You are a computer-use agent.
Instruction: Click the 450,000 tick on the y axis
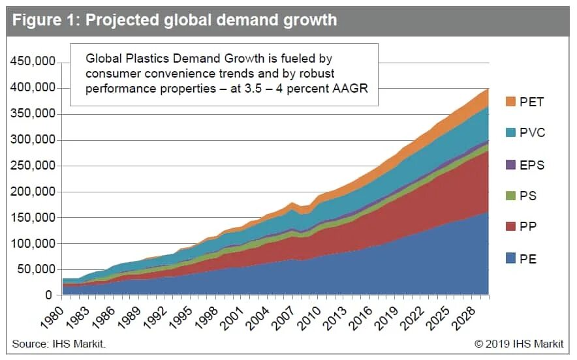tap(33, 63)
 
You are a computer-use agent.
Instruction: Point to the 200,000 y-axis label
tap(33, 192)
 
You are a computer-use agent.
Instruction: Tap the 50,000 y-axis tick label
tap(37, 269)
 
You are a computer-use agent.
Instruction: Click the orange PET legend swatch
tap(511, 102)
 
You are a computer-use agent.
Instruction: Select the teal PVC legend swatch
tap(511, 133)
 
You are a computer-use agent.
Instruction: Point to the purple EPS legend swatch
tap(511, 165)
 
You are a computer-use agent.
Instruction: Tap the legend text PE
tap(529, 260)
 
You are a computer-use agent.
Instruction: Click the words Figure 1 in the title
tap(46, 20)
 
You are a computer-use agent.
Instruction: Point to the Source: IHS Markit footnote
tap(58, 343)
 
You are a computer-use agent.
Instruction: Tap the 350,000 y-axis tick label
tap(33, 114)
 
